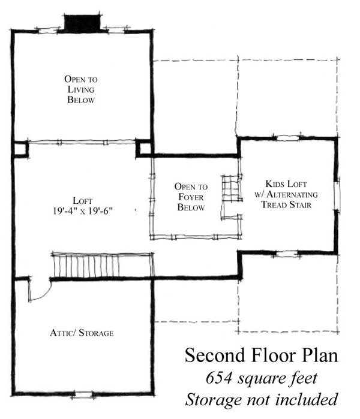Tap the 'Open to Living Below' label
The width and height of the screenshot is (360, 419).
pyautogui.click(x=81, y=89)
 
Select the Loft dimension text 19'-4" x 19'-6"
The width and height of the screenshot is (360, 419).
pyautogui.click(x=83, y=211)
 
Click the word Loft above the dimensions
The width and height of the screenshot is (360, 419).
pyautogui.click(x=83, y=201)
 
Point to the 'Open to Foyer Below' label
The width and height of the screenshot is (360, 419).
pyautogui.click(x=191, y=197)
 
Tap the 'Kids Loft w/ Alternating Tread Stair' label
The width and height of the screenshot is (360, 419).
pyautogui.click(x=286, y=194)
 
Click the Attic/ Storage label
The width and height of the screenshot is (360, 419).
pyautogui.click(x=82, y=333)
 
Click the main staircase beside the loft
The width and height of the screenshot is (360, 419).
pyautogui.click(x=103, y=265)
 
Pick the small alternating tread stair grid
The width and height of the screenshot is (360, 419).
pyautogui.click(x=232, y=188)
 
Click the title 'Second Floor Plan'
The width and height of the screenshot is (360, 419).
pyautogui.click(x=262, y=355)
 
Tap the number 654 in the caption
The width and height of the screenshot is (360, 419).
pyautogui.click(x=219, y=378)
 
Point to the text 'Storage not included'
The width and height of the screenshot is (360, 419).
pyautogui.click(x=262, y=400)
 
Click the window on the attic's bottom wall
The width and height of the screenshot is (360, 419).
pyautogui.click(x=82, y=394)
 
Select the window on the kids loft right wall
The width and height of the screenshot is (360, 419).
pyautogui.click(x=337, y=195)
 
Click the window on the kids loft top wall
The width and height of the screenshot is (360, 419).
pyautogui.click(x=287, y=138)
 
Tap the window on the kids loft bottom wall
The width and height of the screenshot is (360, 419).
pyautogui.click(x=286, y=254)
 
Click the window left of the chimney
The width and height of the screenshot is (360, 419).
pyautogui.click(x=47, y=31)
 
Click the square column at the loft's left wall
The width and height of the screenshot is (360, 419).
pyautogui.click(x=20, y=149)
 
